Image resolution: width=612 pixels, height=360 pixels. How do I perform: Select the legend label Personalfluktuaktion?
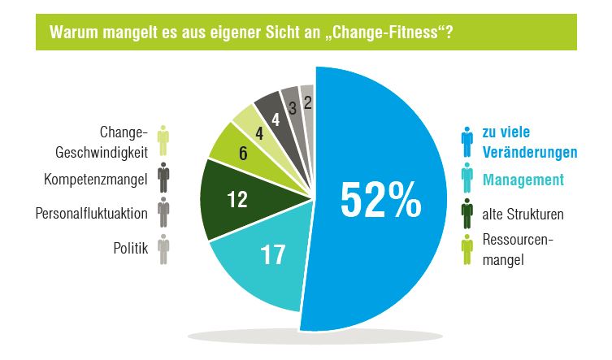tap(92, 214)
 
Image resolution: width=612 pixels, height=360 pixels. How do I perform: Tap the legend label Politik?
tap(130, 249)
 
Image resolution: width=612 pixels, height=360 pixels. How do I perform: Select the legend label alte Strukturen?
tap(523, 215)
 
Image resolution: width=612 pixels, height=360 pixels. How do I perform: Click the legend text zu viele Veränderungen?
tap(527, 141)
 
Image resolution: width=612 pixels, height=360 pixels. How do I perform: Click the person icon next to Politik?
tap(163, 249)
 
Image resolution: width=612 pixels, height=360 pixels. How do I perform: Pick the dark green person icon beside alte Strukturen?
tap(467, 214)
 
